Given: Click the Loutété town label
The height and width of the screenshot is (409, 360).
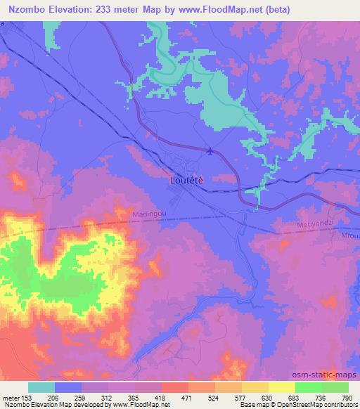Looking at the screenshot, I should (188, 179).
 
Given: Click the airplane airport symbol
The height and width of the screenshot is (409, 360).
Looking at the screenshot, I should (211, 150).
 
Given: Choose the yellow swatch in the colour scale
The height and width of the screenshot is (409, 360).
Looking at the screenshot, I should (281, 387).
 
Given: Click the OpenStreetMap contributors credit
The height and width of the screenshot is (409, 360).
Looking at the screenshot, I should (317, 405).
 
